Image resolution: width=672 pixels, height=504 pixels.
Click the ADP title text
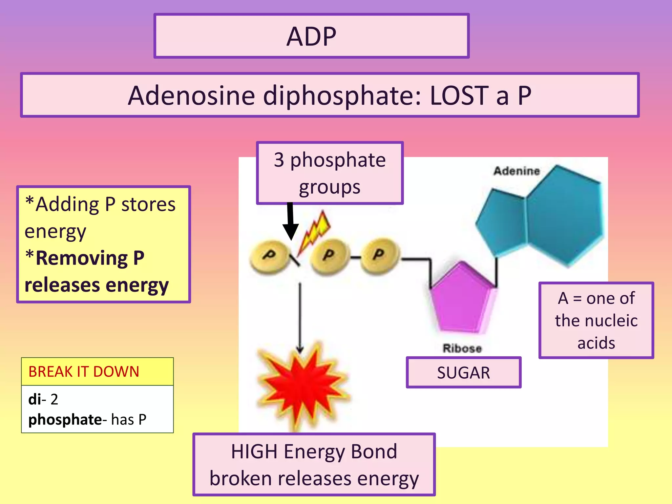pyautogui.click(x=311, y=36)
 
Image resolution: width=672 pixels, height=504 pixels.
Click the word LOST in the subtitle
pyautogui.click(x=459, y=96)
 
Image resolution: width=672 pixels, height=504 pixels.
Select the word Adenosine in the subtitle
pyautogui.click(x=191, y=96)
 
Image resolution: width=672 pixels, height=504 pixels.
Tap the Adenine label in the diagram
pyautogui.click(x=516, y=171)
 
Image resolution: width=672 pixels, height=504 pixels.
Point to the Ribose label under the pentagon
pyautogui.click(x=462, y=348)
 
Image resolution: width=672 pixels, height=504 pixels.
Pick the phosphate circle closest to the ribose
pyautogui.click(x=380, y=255)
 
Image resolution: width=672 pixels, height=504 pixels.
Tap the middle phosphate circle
pyautogui.click(x=329, y=256)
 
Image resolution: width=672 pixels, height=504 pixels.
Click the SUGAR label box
pyautogui.click(x=463, y=373)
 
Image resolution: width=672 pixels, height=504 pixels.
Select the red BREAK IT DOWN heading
pyautogui.click(x=84, y=372)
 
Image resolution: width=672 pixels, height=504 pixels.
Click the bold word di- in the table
pyautogui.click(x=35, y=399)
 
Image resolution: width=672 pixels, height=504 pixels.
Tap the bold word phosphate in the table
pyautogui.click(x=65, y=420)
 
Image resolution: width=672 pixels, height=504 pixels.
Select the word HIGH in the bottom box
pyautogui.click(x=254, y=451)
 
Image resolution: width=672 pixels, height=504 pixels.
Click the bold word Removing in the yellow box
pyautogui.click(x=81, y=258)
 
